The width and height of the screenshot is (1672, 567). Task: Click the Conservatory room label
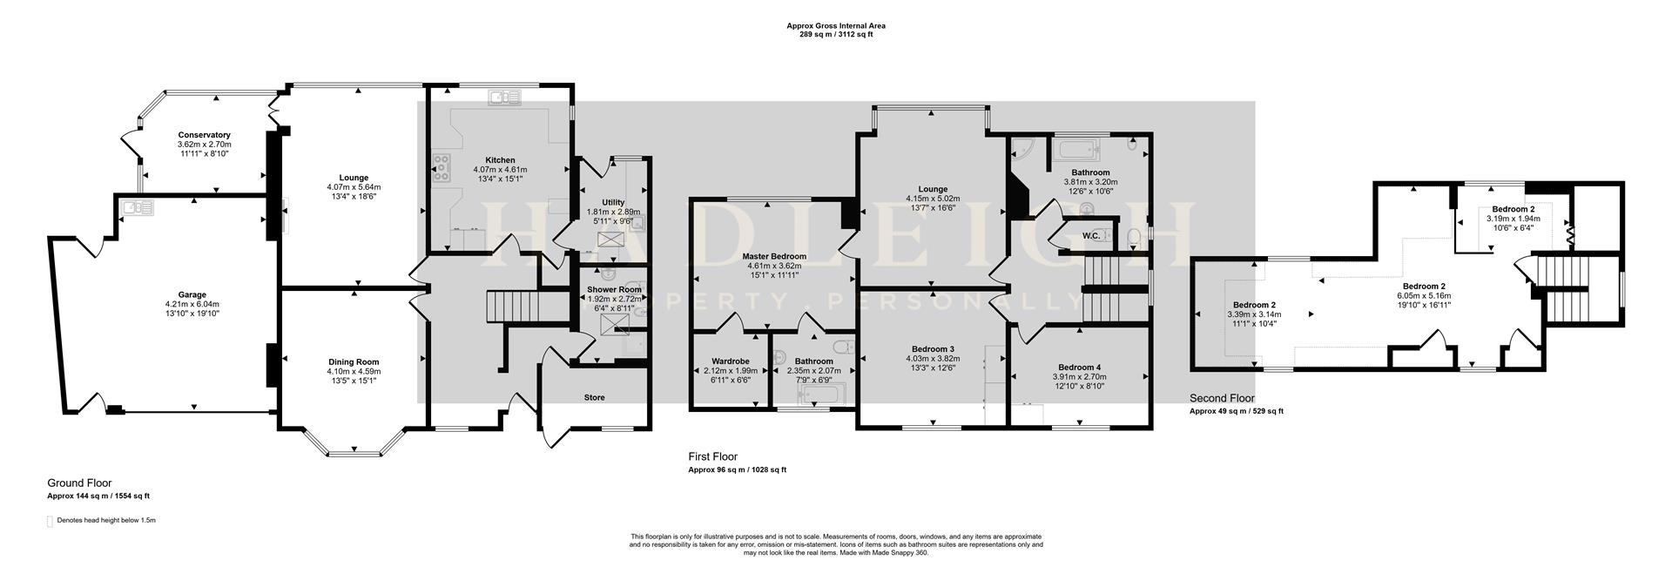[x=204, y=135]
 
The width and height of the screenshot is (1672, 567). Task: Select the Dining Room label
[x=354, y=361]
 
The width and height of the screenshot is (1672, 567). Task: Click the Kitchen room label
[x=500, y=160]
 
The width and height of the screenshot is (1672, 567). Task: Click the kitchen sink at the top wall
[x=502, y=98]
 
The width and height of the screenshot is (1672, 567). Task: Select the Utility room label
[x=613, y=202]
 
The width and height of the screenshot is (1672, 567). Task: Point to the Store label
[x=594, y=397]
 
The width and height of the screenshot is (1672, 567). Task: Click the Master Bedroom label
[x=774, y=256]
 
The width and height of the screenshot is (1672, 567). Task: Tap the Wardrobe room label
[x=731, y=360]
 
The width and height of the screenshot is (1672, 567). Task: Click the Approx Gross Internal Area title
[x=836, y=26]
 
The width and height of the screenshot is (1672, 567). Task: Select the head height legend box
[x=50, y=521]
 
